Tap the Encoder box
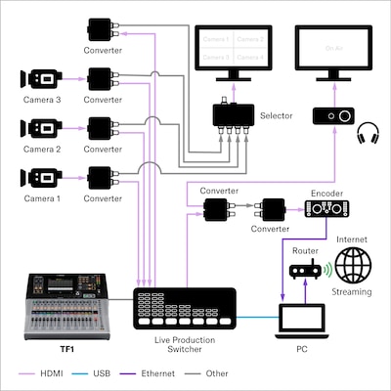(326, 208)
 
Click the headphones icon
(369, 132)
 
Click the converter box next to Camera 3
(102, 78)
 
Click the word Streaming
(352, 292)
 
